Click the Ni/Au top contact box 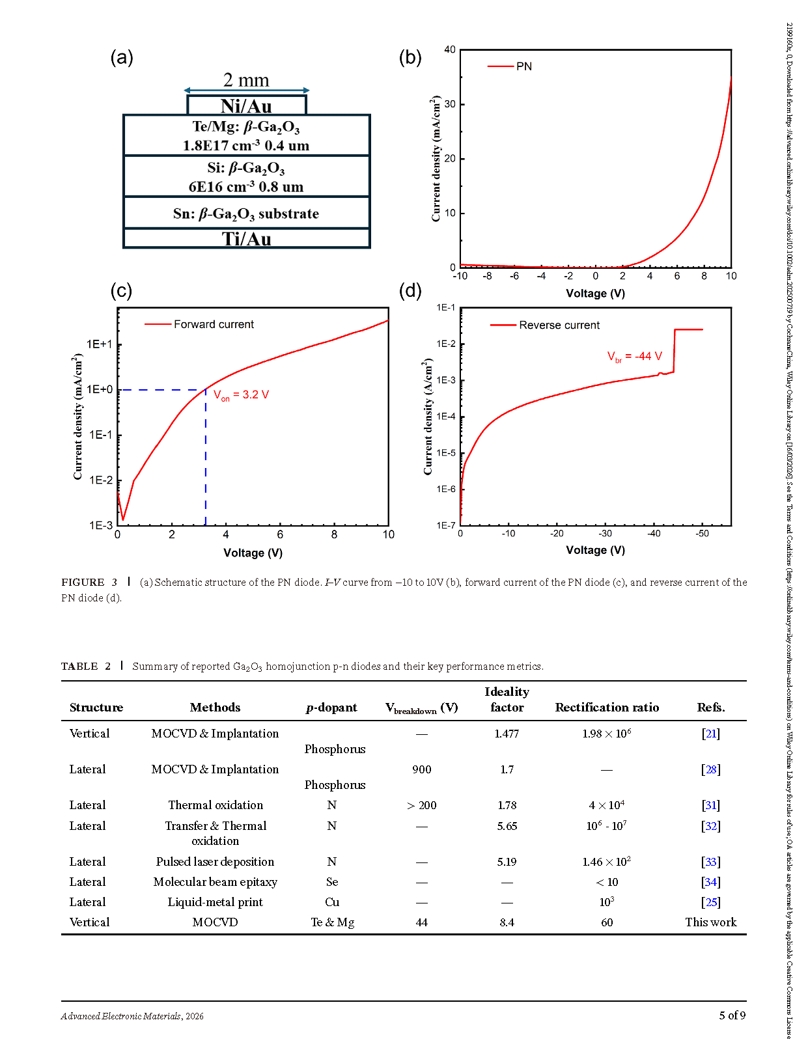coord(246,105)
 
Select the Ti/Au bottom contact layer coord(246,239)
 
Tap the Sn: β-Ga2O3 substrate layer coord(246,214)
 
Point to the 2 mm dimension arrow coord(246,90)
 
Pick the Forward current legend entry coord(200,324)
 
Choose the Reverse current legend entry coord(546,325)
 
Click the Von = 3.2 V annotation coord(242,395)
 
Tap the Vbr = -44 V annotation coord(634,357)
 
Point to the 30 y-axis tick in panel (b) coord(450,104)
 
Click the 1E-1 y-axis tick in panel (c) coord(101,435)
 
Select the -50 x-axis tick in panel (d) coord(702,534)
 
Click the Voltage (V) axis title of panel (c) coord(253,553)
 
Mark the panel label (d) coord(410,290)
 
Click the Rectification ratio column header coord(607,708)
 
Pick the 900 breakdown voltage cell coord(422,769)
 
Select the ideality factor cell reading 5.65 coord(507,826)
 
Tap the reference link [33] coord(710,862)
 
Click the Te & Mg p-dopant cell coord(332,922)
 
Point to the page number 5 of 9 coord(732,1015)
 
